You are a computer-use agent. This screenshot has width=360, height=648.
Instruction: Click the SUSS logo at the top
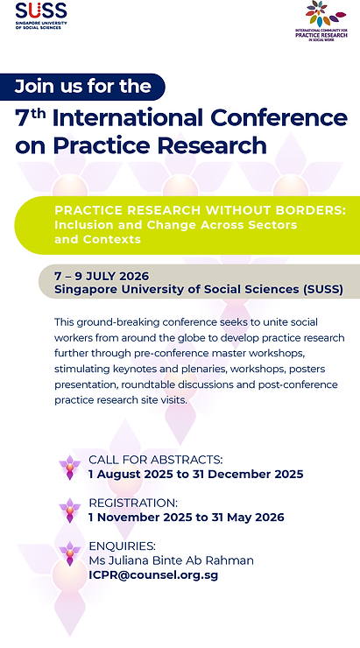point(40,16)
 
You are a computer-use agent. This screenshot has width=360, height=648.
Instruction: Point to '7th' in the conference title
point(33,117)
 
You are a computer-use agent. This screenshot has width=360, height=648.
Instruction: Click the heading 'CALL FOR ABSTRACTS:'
point(155,460)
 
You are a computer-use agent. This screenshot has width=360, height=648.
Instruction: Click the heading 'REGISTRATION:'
point(133,504)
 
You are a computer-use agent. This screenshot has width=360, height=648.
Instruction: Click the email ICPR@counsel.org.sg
point(153,575)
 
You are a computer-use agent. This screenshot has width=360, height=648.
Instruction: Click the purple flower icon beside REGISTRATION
point(69,510)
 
